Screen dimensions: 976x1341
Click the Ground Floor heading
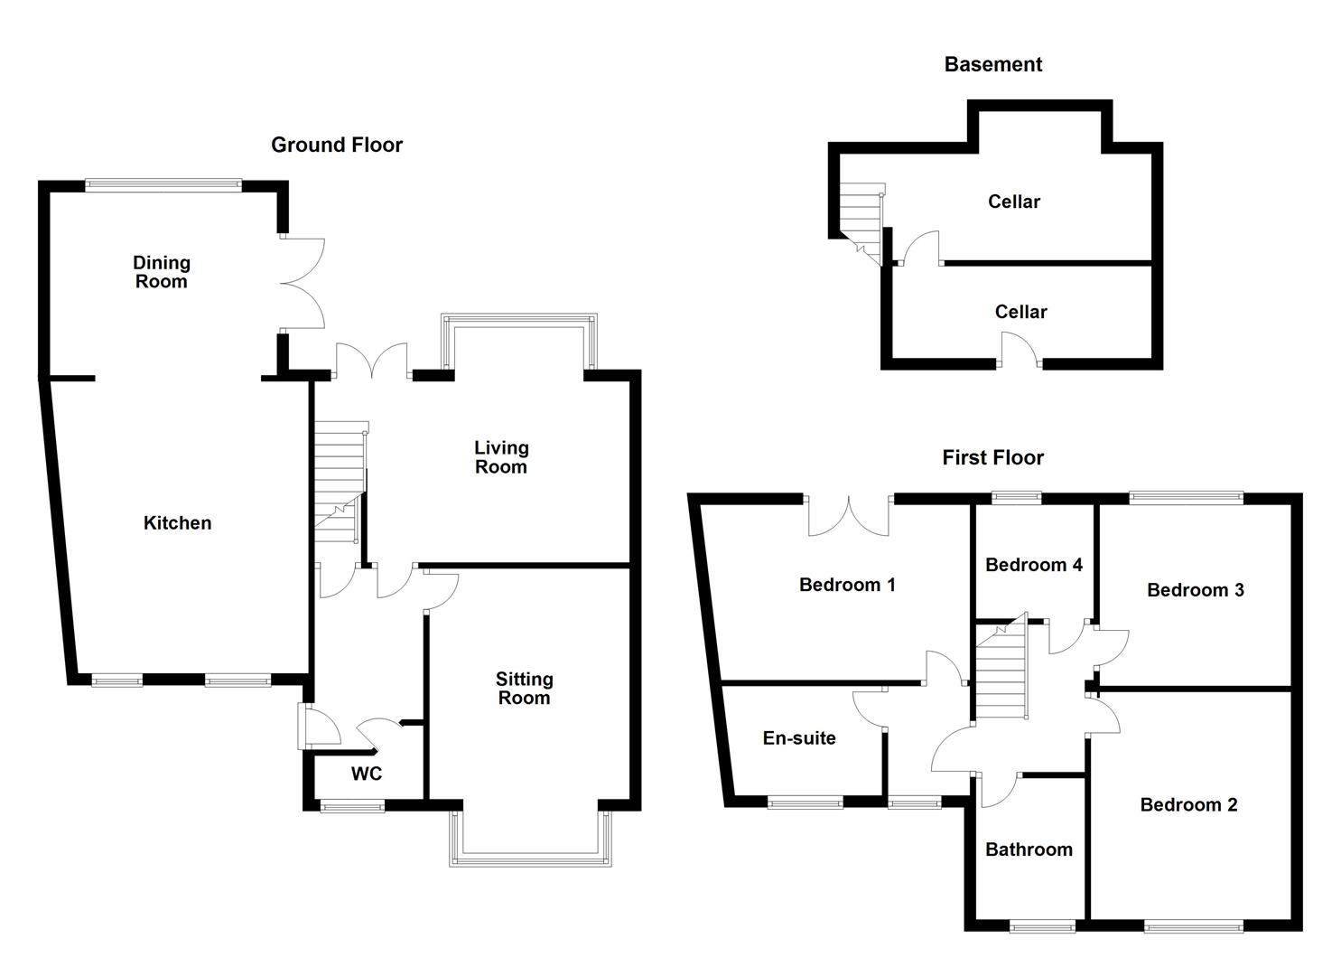(337, 145)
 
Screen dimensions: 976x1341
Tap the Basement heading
(992, 64)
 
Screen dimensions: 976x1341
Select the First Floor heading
(992, 457)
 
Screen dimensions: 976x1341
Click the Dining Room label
(161, 272)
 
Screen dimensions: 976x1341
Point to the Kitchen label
(177, 522)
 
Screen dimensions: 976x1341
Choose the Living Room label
(501, 457)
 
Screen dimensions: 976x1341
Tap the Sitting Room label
(524, 689)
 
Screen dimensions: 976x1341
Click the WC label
(367, 774)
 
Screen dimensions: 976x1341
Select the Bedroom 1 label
(847, 585)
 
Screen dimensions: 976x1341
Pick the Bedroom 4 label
(1033, 565)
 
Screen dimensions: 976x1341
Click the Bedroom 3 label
(1195, 590)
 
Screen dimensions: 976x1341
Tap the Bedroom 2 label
(1188, 804)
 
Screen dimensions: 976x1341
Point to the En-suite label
(799, 738)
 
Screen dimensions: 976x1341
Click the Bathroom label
(1029, 849)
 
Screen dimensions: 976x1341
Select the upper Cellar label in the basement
(1013, 202)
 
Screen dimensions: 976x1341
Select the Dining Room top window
(163, 185)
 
